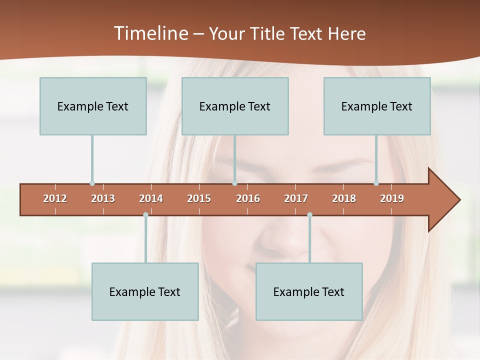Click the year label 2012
point(55,198)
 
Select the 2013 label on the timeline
point(103,198)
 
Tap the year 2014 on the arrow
point(151,198)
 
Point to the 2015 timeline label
point(199,198)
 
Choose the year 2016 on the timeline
point(248,198)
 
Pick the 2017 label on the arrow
point(296,198)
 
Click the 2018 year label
point(344,198)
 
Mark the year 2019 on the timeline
point(392,198)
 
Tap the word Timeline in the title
point(150,33)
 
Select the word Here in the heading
point(346,33)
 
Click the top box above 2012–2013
point(93,106)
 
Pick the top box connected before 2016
point(235,106)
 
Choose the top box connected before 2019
point(377,106)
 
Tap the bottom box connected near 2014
point(145,291)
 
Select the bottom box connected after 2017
point(309,291)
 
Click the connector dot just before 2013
point(92,183)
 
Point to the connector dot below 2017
point(309,215)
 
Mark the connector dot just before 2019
point(376,183)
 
